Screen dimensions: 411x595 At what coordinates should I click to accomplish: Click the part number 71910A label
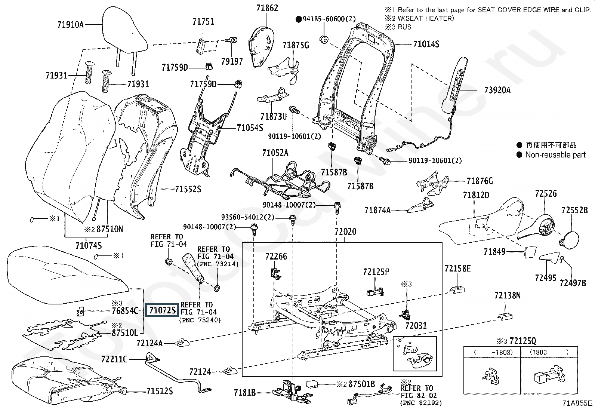70,25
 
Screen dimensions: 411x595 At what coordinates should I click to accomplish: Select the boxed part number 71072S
162,310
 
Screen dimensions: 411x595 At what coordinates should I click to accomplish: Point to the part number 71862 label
267,8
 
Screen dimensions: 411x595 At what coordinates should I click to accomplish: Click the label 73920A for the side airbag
497,90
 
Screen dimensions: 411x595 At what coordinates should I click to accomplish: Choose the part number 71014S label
426,44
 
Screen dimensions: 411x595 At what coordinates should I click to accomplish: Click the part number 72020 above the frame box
345,232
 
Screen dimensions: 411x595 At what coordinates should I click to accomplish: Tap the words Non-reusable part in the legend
555,155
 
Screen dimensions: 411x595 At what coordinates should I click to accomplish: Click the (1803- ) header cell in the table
549,352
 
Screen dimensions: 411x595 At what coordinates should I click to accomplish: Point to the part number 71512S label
160,391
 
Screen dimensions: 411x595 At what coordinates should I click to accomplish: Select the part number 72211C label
114,359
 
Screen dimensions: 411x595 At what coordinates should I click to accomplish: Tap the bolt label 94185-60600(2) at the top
329,19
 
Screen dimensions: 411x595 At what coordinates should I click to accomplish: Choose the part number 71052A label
275,153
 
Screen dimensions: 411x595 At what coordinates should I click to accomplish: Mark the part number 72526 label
546,193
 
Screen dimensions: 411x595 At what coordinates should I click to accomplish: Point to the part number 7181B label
245,393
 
